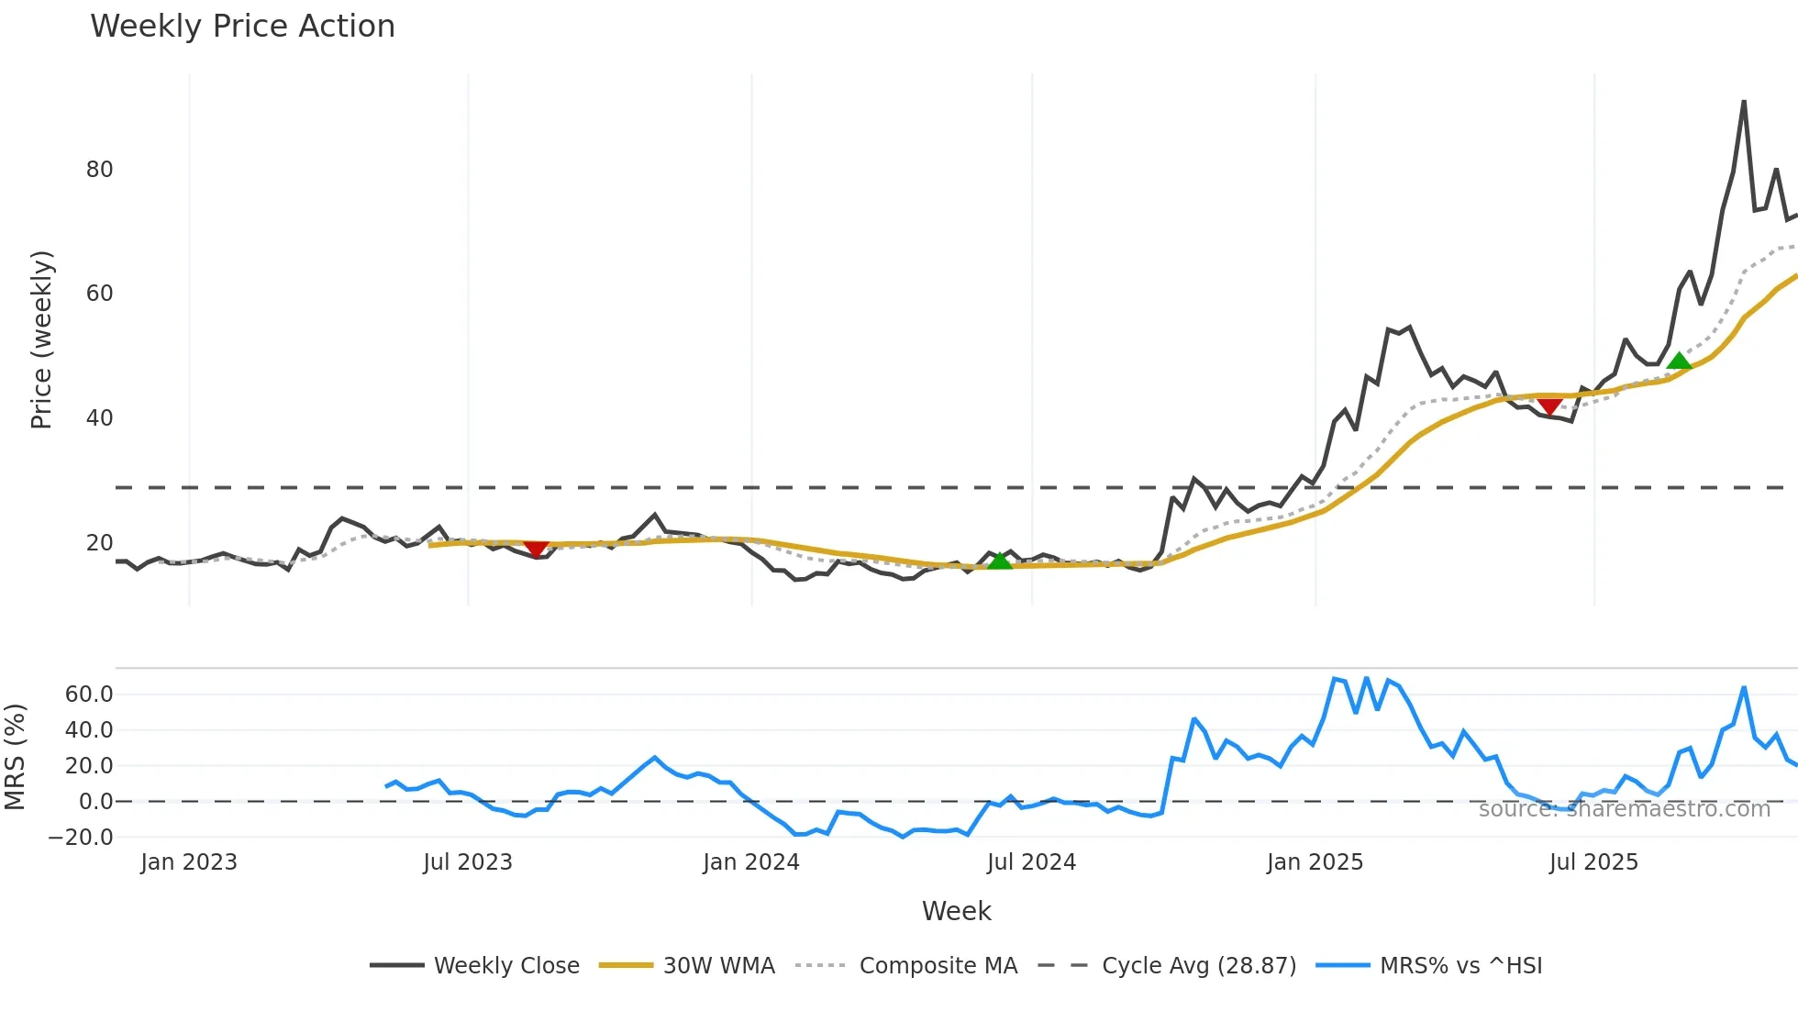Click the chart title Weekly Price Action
coord(242,27)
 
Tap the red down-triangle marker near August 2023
coord(536,549)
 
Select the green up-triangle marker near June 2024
coord(999,560)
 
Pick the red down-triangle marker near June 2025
coord(1549,406)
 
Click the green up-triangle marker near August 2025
coord(1679,361)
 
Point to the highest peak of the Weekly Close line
coord(1744,102)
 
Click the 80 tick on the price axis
coord(99,170)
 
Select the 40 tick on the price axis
coord(99,418)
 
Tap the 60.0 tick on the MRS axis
coord(89,694)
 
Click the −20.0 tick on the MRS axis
coord(81,837)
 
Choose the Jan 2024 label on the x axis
coord(751,862)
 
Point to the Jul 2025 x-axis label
coord(1593,862)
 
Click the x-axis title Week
coord(956,911)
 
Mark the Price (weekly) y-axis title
coord(42,339)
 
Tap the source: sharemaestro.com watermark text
coord(1624,809)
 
